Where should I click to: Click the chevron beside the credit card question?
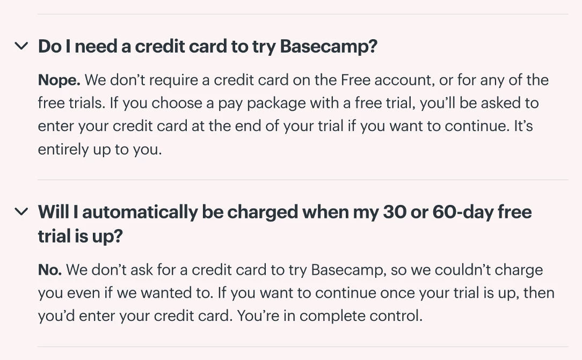tap(21, 46)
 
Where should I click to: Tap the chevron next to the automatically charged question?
tap(21, 212)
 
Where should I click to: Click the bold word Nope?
tap(59, 80)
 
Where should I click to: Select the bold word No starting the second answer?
tap(50, 270)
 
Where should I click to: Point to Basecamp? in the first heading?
tap(329, 46)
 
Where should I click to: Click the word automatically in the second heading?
tap(140, 212)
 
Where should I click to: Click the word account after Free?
tap(405, 80)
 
